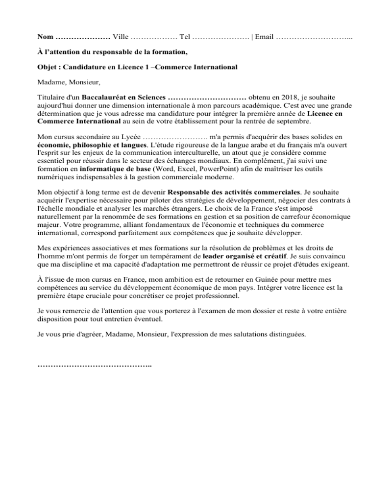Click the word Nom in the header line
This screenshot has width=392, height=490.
(46, 37)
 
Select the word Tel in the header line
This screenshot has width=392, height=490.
(185, 37)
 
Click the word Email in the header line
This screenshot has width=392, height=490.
(264, 37)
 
